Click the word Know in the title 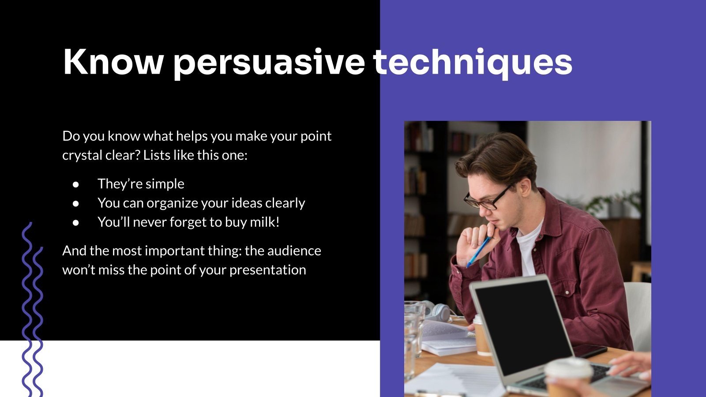[x=113, y=62]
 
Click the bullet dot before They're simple [x=76, y=184]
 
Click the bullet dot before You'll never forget [x=76, y=223]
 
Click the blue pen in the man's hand [x=479, y=251]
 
